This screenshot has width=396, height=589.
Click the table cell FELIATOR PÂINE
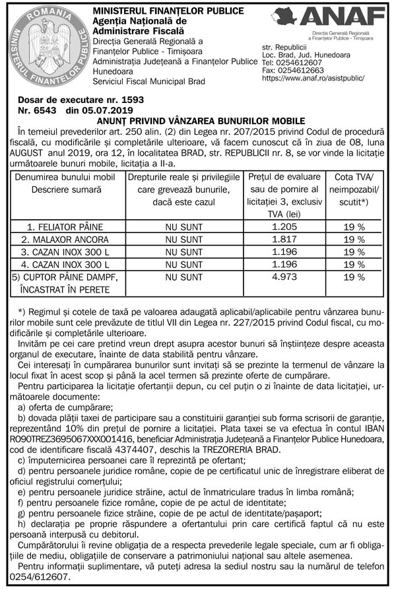pyautogui.click(x=63, y=226)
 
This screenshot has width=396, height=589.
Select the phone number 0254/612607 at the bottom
pyautogui.click(x=44, y=576)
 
